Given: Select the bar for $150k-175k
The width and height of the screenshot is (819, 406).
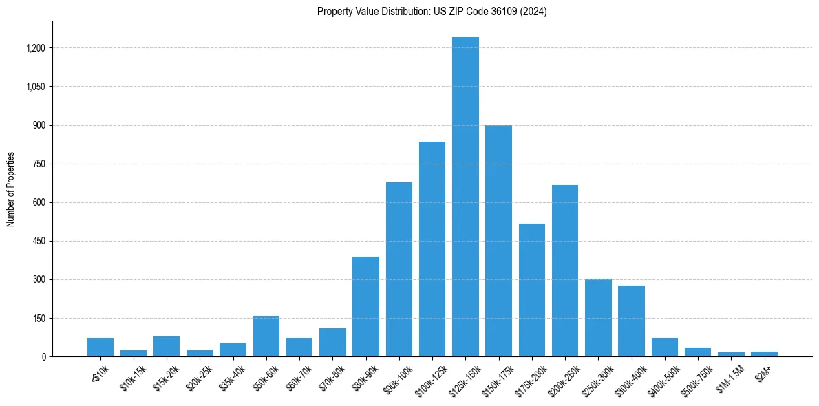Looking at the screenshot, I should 498,241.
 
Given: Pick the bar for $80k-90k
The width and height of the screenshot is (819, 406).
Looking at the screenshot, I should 365,306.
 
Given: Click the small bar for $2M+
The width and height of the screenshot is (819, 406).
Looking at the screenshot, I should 764,354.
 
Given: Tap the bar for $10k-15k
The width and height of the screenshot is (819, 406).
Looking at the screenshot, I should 134,353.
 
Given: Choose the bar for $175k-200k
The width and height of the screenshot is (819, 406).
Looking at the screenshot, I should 532,290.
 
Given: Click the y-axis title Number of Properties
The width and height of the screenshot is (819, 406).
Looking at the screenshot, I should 11,189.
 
